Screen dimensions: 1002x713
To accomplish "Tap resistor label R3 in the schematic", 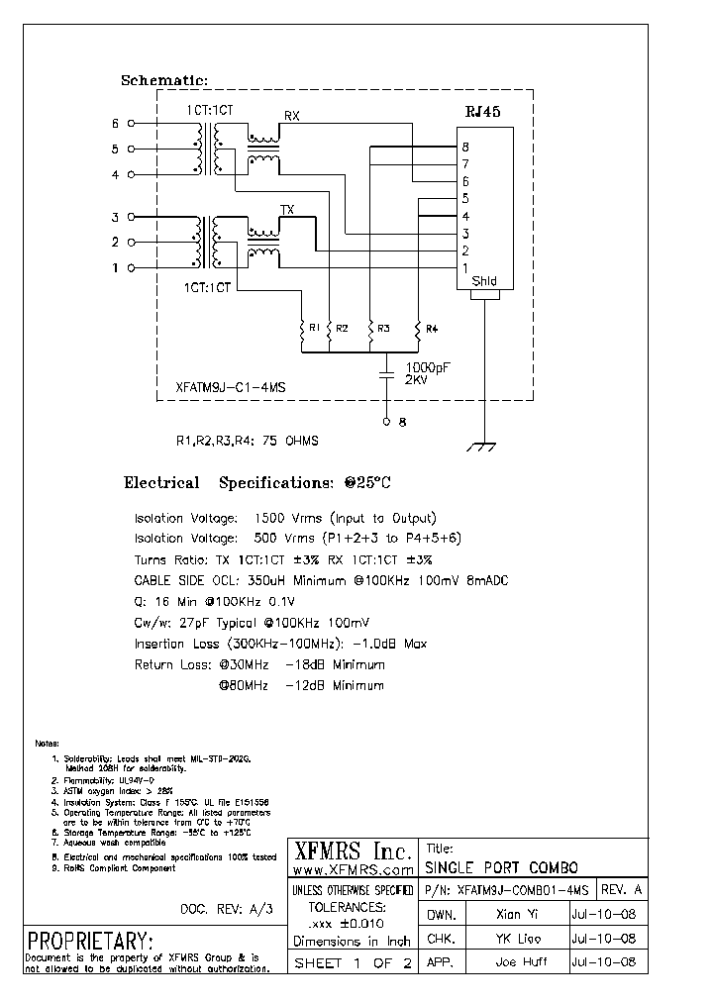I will coord(383,328).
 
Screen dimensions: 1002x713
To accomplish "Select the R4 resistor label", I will coord(432,328).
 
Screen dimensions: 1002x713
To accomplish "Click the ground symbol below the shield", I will coord(482,448).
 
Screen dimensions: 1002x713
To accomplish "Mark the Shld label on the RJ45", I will coord(483,281).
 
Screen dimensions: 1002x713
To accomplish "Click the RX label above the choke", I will coord(291,116).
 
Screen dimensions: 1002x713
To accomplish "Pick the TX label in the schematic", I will coord(287,210).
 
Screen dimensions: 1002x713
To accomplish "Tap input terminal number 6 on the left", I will coord(115,124).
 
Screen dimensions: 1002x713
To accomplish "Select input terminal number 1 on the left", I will coord(115,267).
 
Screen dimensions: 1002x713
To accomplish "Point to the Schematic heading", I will coord(164,80).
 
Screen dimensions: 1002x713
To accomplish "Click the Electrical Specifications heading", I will coord(257,483).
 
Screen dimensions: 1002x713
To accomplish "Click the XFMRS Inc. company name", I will coord(353,850).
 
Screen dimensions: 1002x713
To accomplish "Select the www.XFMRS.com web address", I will coord(354,869).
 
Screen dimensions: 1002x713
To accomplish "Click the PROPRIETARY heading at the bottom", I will coord(90,940).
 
